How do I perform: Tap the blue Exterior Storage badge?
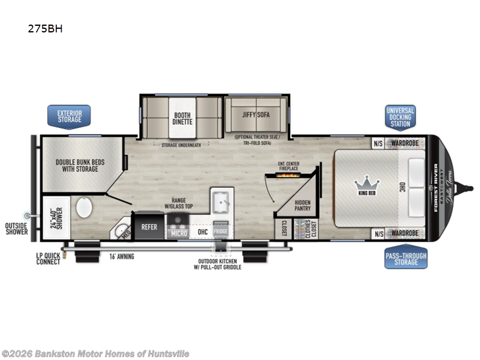click(x=69, y=116)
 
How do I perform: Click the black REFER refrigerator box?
click(x=149, y=227)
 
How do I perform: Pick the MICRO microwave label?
click(x=179, y=232)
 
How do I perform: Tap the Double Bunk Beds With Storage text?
click(x=77, y=165)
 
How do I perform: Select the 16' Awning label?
click(x=121, y=256)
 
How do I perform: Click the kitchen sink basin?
click(x=220, y=202)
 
